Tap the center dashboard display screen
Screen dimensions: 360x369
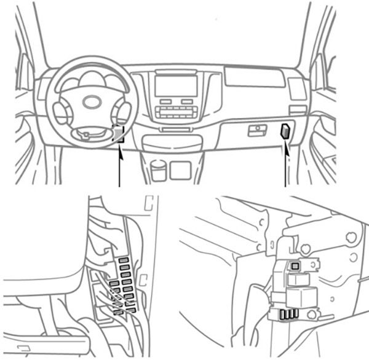pos(176,85)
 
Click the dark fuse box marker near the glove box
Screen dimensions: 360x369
pos(287,131)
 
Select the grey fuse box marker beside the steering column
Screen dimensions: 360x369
pos(119,132)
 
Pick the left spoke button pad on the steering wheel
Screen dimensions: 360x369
pos(62,111)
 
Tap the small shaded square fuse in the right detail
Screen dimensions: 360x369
pos(296,265)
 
